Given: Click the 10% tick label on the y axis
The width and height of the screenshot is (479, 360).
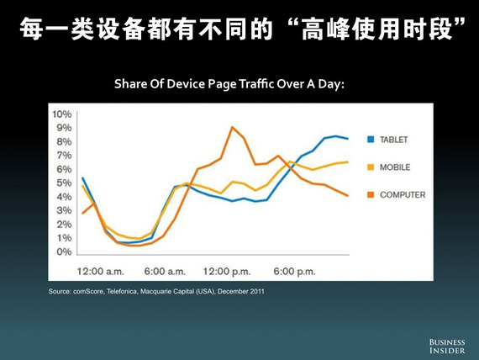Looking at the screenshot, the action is point(62,114).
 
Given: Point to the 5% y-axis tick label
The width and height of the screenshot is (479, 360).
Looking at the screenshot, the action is point(64,183).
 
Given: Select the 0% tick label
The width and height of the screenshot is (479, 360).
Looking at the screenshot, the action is point(64,251).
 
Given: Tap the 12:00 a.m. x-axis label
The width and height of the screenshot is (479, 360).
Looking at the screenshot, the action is point(101,272).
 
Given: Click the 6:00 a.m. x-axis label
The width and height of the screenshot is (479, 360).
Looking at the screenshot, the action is point(165,272).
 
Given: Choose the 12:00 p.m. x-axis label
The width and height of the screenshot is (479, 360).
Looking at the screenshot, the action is point(227,272).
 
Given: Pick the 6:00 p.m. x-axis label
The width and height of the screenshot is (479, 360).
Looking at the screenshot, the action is point(294,272).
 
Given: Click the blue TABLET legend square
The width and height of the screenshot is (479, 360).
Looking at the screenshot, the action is point(371,140).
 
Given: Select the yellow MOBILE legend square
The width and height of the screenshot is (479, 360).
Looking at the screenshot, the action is point(371,167).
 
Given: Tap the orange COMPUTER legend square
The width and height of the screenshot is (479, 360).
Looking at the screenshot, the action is point(371,194).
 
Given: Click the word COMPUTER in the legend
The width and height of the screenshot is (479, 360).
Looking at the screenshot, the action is point(403,195).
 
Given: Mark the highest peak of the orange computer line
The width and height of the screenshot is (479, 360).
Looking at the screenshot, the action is point(233,127).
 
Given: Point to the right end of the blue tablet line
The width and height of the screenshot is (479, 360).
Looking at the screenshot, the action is point(348,139).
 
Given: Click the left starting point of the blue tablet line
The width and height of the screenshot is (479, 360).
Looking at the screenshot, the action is point(82,177).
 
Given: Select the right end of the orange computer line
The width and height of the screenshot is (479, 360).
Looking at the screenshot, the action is point(348,196).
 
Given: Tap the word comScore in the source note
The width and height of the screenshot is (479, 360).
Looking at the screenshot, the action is point(89,292).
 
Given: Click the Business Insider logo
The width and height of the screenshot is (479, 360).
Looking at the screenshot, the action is point(447,347).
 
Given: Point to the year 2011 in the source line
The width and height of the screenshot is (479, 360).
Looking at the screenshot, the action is point(257,292).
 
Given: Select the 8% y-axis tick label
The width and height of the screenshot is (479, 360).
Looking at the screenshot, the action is point(64,142).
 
